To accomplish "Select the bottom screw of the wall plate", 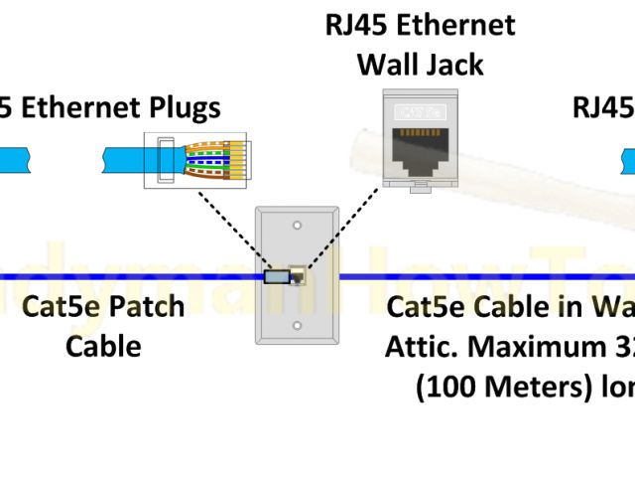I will click(296, 325).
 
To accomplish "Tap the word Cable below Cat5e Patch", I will click(103, 347).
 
